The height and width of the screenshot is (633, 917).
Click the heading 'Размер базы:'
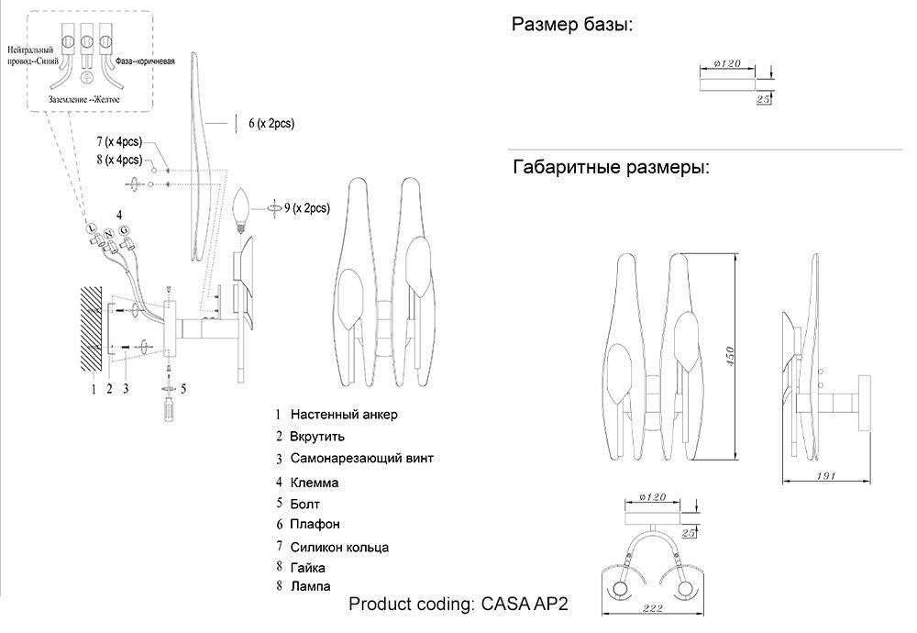coord(571,25)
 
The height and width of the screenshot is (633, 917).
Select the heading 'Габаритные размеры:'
coord(610,168)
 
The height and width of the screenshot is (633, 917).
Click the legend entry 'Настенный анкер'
coord(344,415)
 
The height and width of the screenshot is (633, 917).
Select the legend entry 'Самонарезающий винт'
coord(361,457)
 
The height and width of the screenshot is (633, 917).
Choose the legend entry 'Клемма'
coord(315,482)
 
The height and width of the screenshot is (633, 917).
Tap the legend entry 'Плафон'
coord(315,525)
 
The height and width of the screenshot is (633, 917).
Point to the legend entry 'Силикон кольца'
coord(339,547)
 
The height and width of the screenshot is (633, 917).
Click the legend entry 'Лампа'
coord(310,585)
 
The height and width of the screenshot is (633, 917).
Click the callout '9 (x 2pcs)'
coord(306,208)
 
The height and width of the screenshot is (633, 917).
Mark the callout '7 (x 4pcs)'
coord(119,142)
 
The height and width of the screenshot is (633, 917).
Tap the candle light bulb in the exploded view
coord(243,208)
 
